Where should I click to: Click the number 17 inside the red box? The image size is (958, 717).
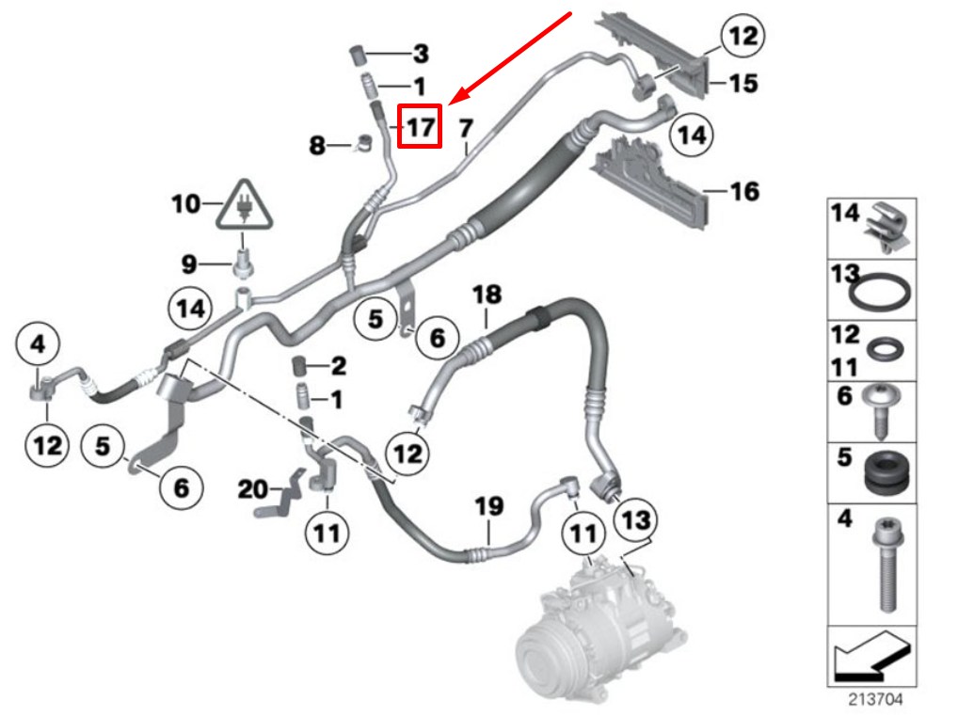420,126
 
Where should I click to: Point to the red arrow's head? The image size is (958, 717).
453,102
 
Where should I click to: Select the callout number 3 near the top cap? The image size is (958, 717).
420,54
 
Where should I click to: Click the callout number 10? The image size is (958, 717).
185,202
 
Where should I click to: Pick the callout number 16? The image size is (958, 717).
743,192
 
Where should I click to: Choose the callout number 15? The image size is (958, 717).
742,84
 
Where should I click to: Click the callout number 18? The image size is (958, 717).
487,295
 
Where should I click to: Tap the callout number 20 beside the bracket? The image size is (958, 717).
252,489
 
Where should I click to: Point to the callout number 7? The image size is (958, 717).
465,126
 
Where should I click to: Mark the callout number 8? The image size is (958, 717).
318,145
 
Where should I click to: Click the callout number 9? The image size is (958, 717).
189,261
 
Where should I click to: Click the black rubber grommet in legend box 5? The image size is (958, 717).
885,473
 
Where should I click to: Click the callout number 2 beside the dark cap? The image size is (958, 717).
338,365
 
